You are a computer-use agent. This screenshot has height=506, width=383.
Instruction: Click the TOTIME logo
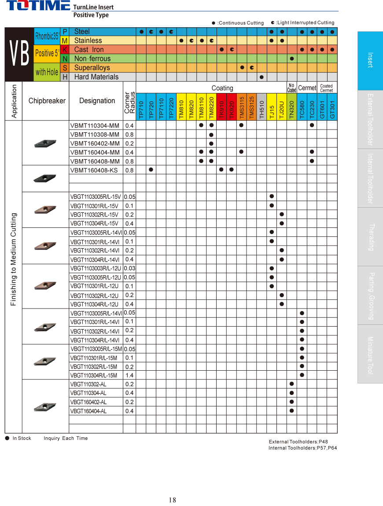[38, 6]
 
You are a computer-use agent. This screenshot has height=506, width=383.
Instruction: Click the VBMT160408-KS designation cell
[94, 170]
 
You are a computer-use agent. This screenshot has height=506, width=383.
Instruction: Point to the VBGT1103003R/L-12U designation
[96, 268]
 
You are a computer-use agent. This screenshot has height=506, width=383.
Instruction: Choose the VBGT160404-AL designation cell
[88, 411]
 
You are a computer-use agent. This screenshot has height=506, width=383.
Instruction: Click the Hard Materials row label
[96, 77]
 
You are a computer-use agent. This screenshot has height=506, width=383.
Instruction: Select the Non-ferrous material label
[92, 59]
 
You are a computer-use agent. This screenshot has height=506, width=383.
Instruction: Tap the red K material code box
[65, 49]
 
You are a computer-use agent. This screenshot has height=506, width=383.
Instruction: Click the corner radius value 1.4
[129, 376]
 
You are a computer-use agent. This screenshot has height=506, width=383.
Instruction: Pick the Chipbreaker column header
[47, 101]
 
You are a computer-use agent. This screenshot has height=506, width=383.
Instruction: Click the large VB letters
[19, 54]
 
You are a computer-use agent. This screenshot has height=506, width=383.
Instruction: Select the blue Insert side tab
[370, 60]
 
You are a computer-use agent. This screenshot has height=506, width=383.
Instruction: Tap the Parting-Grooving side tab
[370, 295]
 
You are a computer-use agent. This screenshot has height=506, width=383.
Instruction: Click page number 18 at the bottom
[172, 500]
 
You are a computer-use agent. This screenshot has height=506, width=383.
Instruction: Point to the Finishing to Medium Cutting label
[14, 259]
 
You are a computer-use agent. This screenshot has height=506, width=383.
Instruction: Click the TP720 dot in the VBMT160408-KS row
[151, 169]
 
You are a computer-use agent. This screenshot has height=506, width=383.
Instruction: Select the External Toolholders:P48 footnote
[298, 442]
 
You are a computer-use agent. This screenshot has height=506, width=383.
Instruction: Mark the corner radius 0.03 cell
[129, 268]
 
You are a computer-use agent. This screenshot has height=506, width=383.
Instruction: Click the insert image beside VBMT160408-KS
[45, 178]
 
